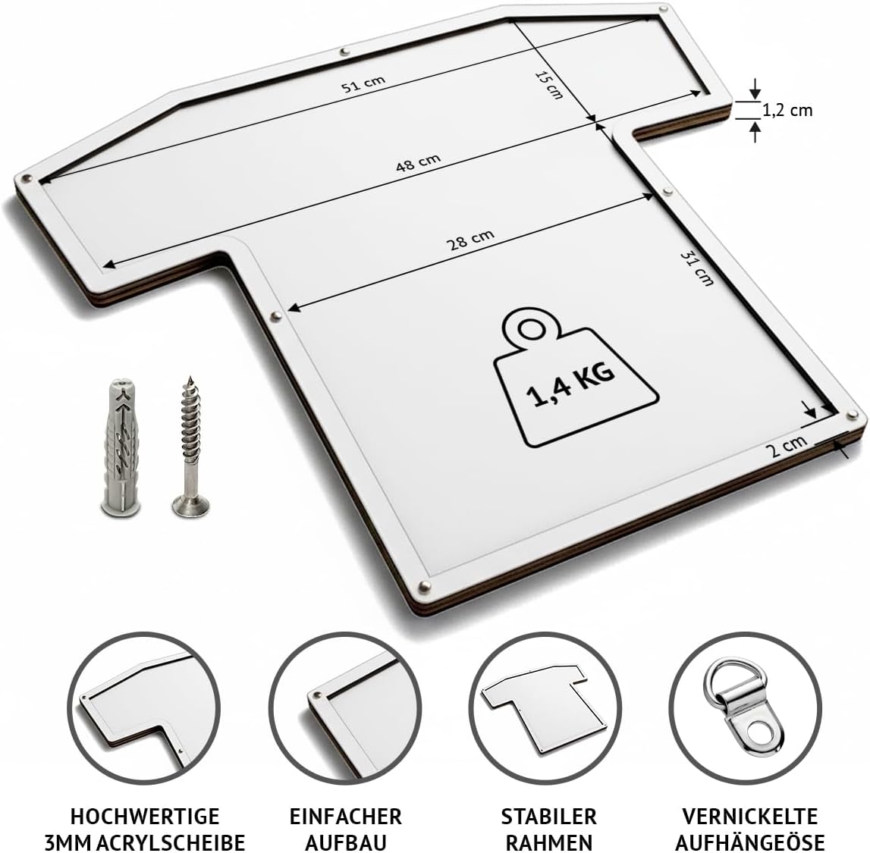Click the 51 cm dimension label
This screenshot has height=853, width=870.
363,83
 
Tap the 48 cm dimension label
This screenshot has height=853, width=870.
419,162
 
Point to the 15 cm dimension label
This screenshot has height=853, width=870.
548,85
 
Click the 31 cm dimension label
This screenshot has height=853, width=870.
697,268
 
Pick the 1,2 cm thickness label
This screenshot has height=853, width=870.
787,111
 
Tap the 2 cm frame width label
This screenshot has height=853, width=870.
787,445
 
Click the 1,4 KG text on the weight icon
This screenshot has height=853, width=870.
571,385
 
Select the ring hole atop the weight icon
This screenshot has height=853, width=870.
532,329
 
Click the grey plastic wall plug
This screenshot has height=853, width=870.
121,447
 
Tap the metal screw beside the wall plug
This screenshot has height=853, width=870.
191,447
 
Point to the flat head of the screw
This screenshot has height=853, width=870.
191,506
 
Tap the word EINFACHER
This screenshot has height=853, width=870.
346,817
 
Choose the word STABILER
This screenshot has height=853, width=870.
548,817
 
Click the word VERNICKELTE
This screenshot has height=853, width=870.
749,817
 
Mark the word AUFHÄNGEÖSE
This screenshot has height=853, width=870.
749,842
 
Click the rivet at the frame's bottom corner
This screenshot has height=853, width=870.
425,585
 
